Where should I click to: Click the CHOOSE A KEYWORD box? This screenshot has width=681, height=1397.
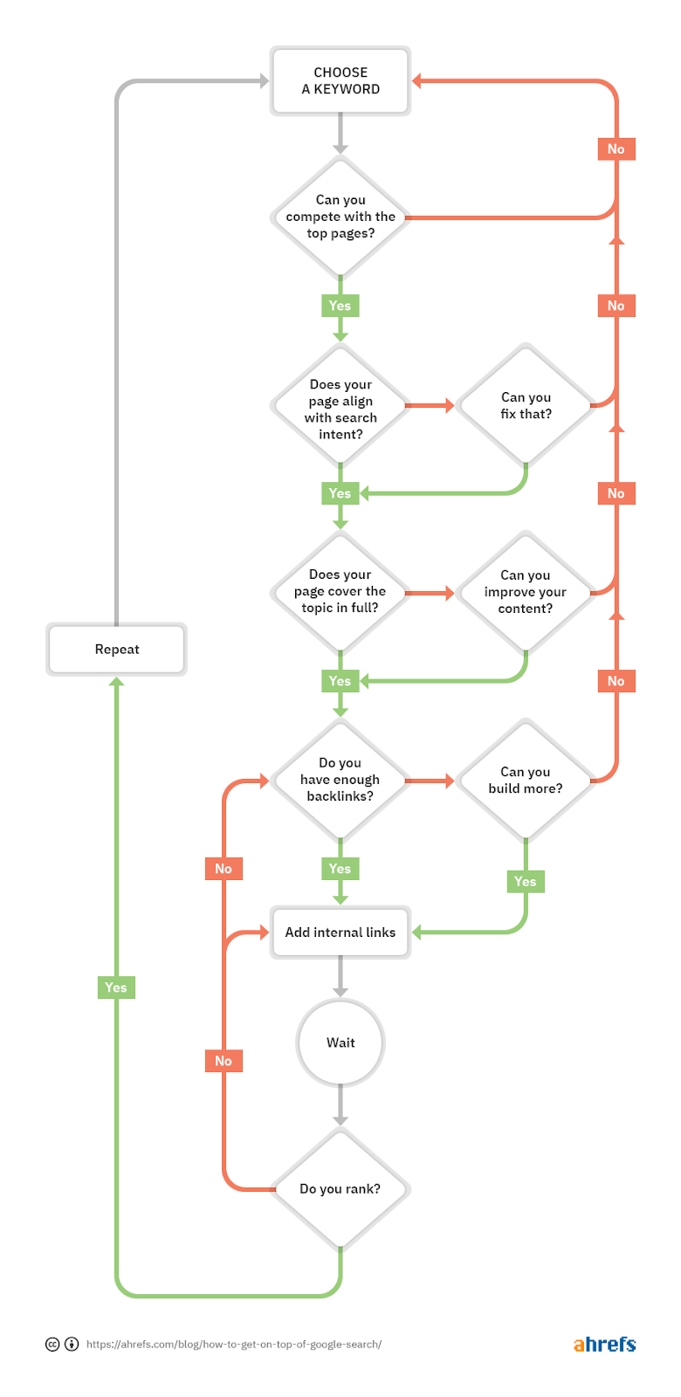[x=340, y=81]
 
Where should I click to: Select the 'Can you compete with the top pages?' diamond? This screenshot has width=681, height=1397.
[x=340, y=217]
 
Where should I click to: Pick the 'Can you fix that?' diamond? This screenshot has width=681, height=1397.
[x=526, y=405]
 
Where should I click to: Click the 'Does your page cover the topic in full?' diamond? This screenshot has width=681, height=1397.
[x=340, y=591]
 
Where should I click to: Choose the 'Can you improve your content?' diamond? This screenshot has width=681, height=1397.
[x=526, y=592]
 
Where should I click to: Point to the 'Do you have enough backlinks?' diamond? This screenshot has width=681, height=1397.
[x=340, y=779]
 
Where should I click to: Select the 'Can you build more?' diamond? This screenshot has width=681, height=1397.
[x=526, y=780]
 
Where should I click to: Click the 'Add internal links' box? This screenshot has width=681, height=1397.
[x=340, y=932]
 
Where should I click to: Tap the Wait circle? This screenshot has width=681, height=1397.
[x=340, y=1043]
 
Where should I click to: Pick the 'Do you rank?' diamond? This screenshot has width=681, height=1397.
[x=340, y=1188]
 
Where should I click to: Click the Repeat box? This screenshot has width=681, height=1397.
[x=116, y=650]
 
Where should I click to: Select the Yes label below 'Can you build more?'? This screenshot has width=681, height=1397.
[x=526, y=882]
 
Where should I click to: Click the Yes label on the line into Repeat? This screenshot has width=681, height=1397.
[x=116, y=988]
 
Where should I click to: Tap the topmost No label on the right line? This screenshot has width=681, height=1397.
[x=616, y=149]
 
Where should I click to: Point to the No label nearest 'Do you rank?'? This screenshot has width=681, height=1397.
[x=224, y=1061]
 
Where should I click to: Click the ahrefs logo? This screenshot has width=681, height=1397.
[x=604, y=1345]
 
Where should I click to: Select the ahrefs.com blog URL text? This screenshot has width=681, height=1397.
[x=233, y=1345]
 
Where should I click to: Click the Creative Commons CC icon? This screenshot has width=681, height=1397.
[x=52, y=1345]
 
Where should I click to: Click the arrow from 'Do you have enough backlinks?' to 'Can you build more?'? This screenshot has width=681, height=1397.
[x=430, y=780]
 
